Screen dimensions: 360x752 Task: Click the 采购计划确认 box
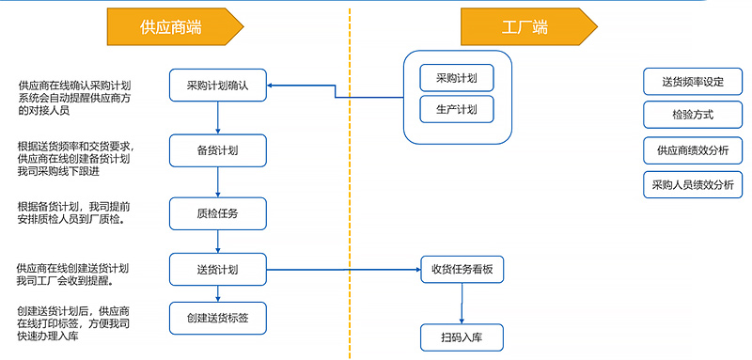[x=218, y=86]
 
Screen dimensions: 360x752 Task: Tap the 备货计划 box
[x=218, y=149]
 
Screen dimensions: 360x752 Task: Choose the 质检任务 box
[x=218, y=213]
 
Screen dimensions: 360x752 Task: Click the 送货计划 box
[x=218, y=271]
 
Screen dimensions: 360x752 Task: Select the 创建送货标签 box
[x=218, y=317]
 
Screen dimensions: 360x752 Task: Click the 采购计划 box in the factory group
[x=455, y=78]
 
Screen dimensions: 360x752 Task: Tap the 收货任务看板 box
[x=462, y=271]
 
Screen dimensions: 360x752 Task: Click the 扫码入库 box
[x=462, y=336]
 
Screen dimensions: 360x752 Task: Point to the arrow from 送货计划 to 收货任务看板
[x=343, y=271]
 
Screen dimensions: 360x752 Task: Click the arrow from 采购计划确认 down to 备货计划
[x=218, y=117]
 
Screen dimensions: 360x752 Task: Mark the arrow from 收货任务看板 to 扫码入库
[x=462, y=303]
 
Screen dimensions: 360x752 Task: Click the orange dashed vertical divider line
[x=350, y=188]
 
